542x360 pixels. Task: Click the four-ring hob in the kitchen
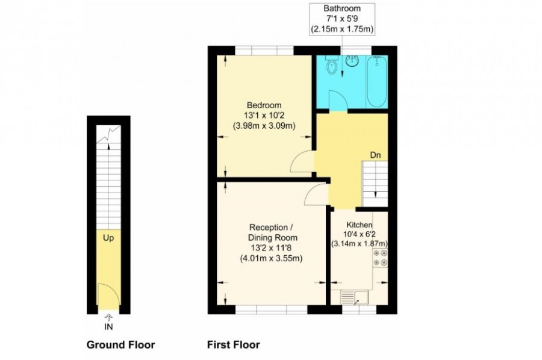(x=380, y=258)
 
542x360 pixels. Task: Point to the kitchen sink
(x=355, y=297)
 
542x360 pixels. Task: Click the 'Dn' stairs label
(x=375, y=155)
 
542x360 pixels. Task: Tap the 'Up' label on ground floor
(x=108, y=238)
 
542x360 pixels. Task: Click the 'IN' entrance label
(x=108, y=327)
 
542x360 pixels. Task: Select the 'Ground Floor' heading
(x=120, y=345)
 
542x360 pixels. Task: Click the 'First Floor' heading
(x=233, y=345)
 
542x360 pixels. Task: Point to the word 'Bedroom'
(x=264, y=105)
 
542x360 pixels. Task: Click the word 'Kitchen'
(x=360, y=225)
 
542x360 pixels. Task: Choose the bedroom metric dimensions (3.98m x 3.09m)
(x=264, y=126)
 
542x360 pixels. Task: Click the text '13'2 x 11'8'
(x=272, y=247)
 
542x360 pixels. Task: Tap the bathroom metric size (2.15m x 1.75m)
(x=342, y=29)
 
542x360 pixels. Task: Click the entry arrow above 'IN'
(x=108, y=317)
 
